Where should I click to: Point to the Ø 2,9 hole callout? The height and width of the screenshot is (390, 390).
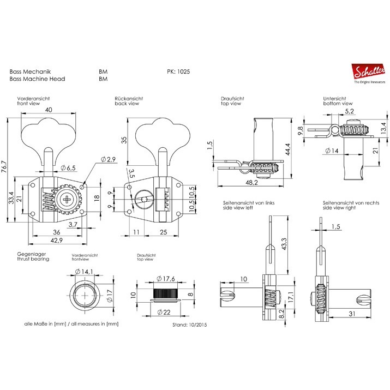coord(109,159)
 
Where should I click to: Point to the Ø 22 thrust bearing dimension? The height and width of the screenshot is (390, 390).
coord(165,312)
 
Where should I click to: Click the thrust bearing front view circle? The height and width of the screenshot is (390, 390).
coord(86,295)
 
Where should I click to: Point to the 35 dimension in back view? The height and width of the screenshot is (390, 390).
coord(124,140)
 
